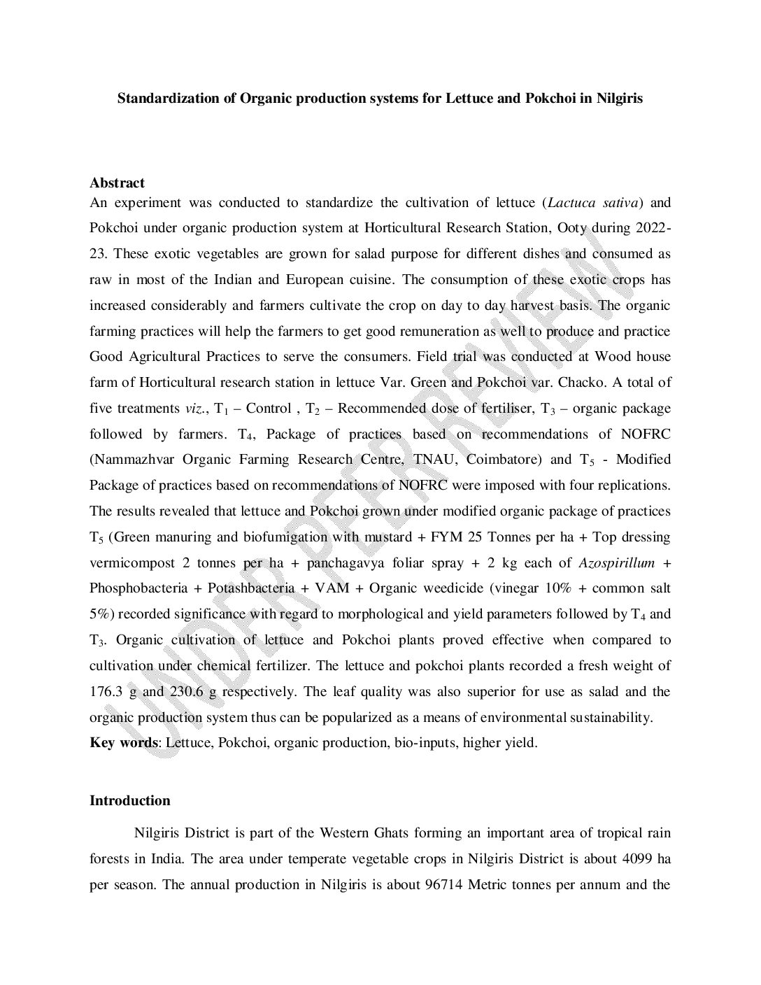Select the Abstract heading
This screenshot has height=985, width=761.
(x=117, y=183)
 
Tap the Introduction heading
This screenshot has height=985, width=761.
(x=129, y=801)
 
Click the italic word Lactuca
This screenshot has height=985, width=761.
(x=573, y=203)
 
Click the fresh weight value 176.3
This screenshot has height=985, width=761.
(x=106, y=692)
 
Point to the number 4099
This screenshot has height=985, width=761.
(x=635, y=858)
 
